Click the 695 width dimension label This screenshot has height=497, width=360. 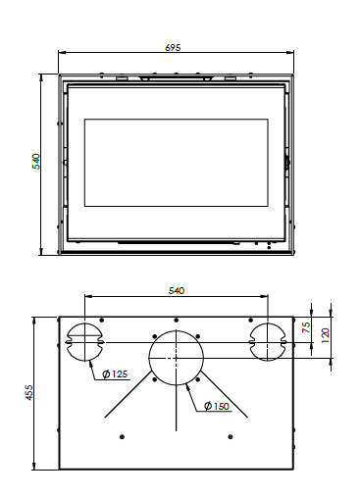click(173, 48)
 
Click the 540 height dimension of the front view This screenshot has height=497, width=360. click(36, 161)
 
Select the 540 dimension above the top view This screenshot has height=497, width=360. click(177, 290)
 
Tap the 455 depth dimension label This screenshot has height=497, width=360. click(29, 392)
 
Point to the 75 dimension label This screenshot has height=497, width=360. click(306, 327)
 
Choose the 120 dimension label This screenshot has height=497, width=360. click(326, 335)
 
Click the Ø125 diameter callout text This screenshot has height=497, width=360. click(115, 374)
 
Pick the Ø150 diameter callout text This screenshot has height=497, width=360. click(217, 406)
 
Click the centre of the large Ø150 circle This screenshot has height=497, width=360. click(176, 358)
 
